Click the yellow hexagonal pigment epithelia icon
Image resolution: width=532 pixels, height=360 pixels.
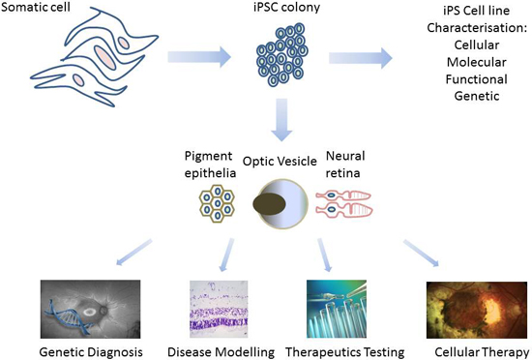point(218,203)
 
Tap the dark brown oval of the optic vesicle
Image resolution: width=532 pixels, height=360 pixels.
point(270,202)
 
